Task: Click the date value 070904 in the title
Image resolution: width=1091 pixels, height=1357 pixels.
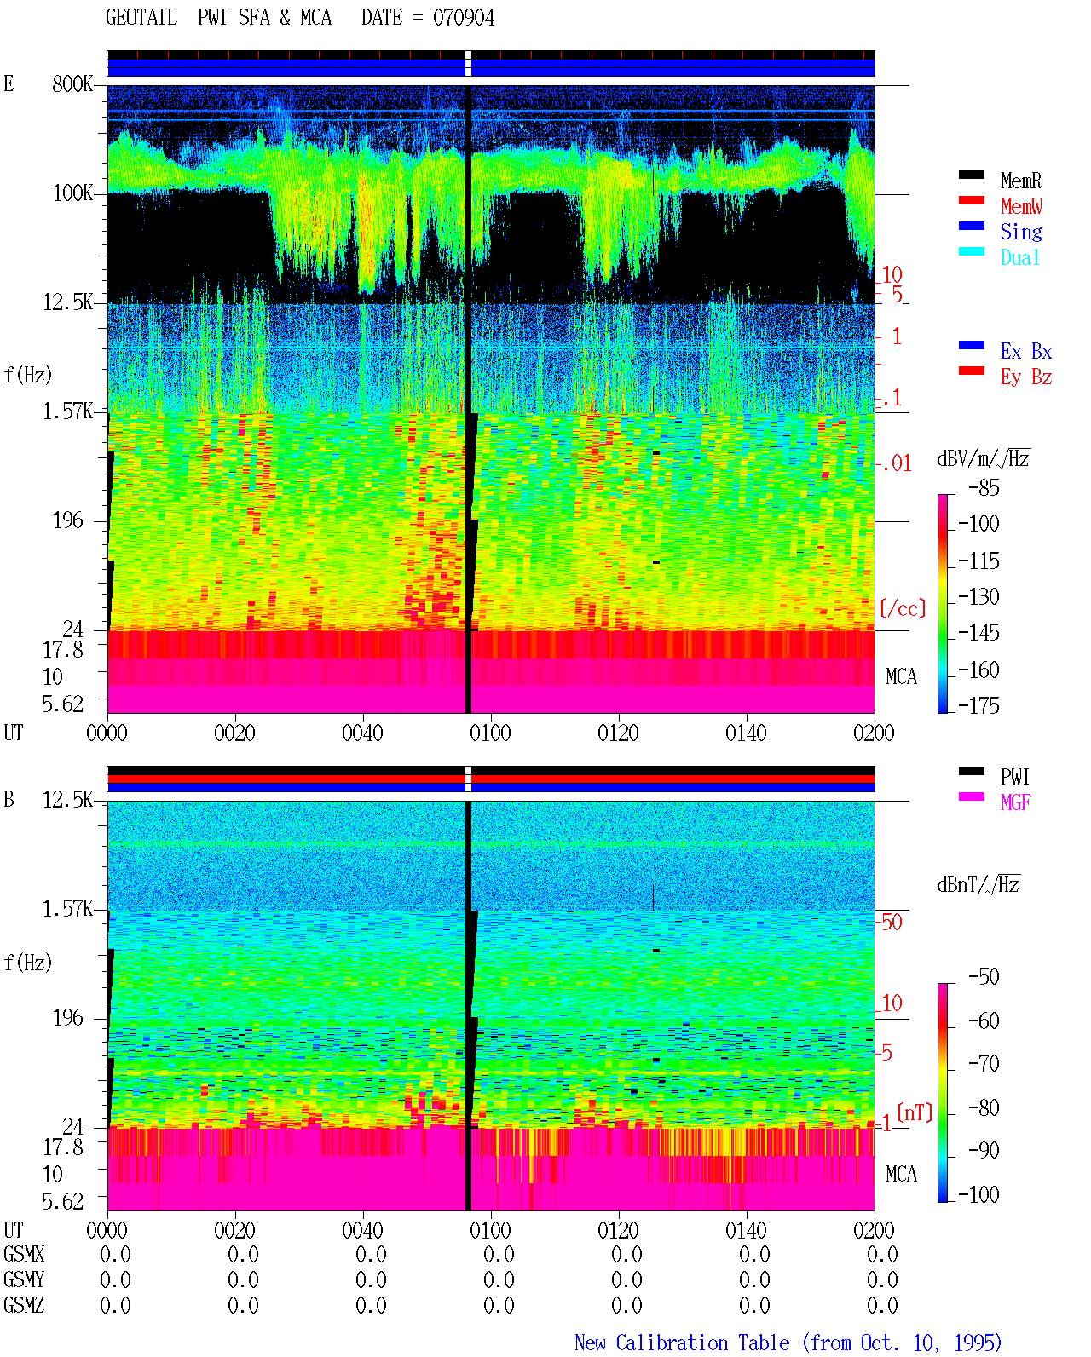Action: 463,18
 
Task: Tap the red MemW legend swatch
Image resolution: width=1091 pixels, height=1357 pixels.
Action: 971,200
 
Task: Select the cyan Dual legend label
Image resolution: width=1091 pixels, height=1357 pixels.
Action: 1019,257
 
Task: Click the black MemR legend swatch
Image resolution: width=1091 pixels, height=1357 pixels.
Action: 971,175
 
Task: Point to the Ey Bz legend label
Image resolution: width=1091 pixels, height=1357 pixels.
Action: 1025,377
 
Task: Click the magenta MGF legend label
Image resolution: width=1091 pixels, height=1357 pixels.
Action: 1015,802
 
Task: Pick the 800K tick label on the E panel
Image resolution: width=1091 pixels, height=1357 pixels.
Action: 72,83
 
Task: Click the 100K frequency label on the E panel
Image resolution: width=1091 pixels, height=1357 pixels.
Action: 72,193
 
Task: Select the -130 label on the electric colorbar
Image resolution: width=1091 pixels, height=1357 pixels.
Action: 978,596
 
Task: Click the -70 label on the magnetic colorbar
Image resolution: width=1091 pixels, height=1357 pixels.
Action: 984,1064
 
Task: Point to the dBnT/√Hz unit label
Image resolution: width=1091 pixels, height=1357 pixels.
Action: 978,885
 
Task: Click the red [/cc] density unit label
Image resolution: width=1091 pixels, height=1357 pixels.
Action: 903,608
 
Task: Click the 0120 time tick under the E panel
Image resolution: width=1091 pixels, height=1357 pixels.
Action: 618,733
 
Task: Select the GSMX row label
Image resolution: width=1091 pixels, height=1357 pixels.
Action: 24,1254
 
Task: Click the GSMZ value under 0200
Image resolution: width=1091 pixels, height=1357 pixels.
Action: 881,1305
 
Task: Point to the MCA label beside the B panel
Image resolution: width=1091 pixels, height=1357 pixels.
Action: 901,1174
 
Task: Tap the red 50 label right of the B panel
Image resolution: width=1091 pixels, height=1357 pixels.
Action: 891,923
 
